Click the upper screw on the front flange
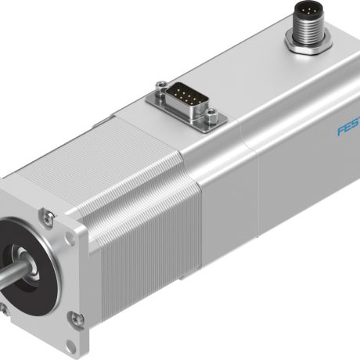coord(48,215)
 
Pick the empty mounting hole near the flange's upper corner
coord(69,227)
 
